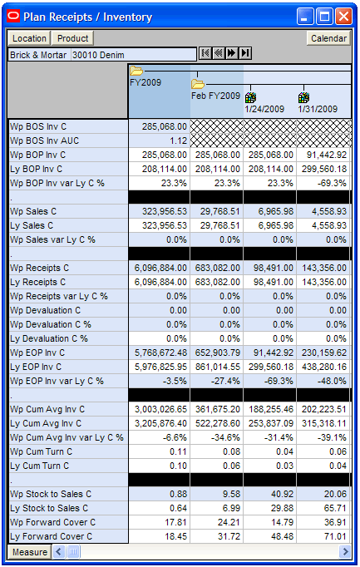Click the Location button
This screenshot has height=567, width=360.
(x=29, y=38)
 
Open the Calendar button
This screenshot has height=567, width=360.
(x=328, y=38)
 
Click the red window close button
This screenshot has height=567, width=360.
(x=343, y=17)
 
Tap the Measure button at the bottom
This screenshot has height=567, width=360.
(x=29, y=552)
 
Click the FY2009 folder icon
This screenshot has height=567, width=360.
(x=136, y=71)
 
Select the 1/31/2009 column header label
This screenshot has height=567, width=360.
(x=318, y=109)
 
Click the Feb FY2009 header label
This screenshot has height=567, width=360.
(x=215, y=96)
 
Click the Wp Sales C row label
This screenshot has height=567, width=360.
(x=33, y=211)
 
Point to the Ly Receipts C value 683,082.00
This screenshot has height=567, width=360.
(x=217, y=282)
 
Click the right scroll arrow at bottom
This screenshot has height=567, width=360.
(x=345, y=552)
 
